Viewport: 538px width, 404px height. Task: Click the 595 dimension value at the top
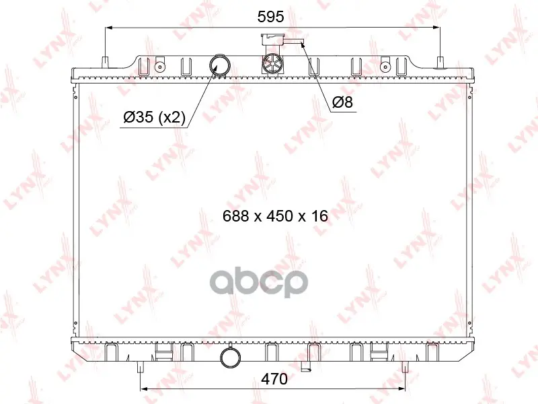tap(271, 16)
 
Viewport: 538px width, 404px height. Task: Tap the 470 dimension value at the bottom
tap(274, 379)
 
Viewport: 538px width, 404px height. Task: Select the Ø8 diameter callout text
tap(342, 102)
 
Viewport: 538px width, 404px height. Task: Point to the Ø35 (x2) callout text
tap(154, 117)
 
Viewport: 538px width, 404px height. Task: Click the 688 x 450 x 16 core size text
tap(275, 216)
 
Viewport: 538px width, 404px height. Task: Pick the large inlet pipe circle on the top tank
tap(220, 65)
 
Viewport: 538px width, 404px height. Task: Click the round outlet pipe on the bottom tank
tap(230, 358)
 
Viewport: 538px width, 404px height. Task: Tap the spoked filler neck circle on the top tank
tap(273, 64)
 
